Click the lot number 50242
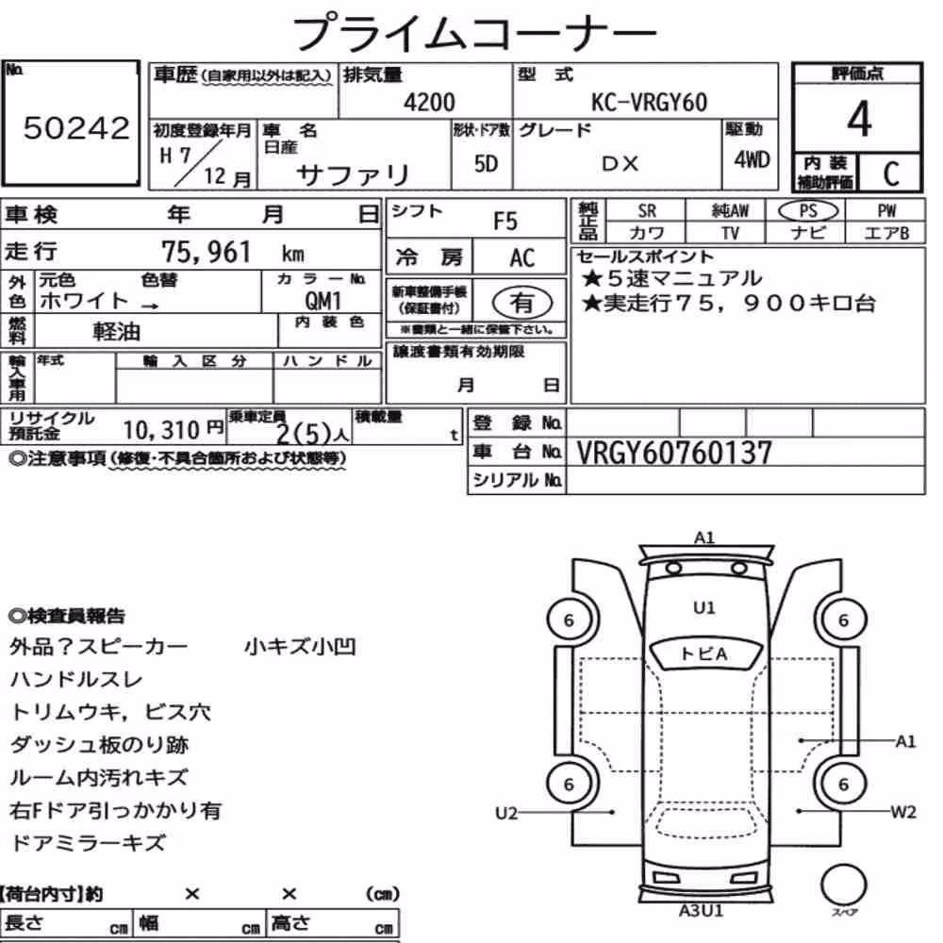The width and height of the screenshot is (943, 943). (76, 128)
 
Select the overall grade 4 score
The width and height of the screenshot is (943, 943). (859, 119)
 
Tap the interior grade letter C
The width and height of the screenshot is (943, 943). (891, 174)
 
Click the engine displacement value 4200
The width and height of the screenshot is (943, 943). (429, 102)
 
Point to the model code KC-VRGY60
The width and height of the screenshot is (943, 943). (649, 102)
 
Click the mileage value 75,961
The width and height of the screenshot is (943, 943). (206, 252)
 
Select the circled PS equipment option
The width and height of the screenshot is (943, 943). (808, 210)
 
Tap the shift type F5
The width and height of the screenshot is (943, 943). (505, 222)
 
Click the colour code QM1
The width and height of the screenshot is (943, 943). (323, 300)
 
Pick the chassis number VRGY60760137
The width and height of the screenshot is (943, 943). (674, 453)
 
